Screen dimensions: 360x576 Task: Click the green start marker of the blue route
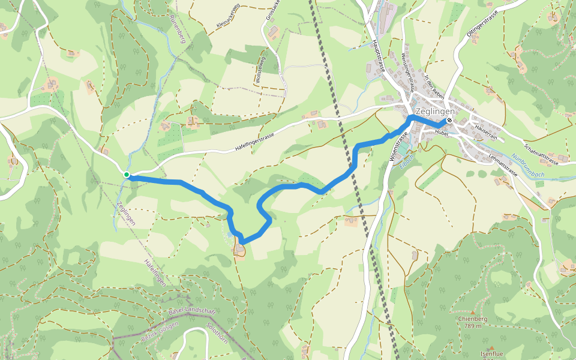(x=127, y=175)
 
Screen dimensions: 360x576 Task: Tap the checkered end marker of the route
(x=449, y=120)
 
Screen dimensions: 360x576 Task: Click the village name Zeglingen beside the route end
(x=435, y=111)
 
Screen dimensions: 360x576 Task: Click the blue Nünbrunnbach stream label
(x=529, y=169)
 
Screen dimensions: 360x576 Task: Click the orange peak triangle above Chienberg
(x=474, y=313)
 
